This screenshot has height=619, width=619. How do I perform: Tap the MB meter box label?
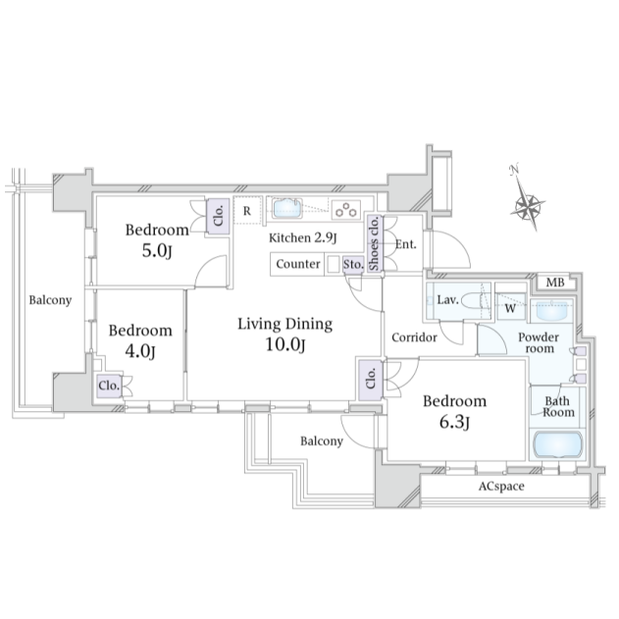(555, 283)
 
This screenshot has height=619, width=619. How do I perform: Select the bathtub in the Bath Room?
(557, 445)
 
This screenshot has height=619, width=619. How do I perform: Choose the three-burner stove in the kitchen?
(346, 209)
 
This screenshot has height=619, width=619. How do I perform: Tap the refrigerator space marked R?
(247, 210)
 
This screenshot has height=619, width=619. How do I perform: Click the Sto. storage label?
(352, 264)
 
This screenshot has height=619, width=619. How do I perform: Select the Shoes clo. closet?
(374, 243)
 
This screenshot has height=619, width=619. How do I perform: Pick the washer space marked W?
(510, 307)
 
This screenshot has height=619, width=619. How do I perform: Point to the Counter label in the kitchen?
(298, 264)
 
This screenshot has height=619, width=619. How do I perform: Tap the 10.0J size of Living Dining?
(285, 344)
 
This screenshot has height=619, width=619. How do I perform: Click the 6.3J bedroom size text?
(454, 422)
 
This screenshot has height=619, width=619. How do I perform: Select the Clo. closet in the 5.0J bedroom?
(219, 217)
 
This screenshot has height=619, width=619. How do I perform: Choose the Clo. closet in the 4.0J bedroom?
(109, 386)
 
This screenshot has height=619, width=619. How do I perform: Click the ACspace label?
(501, 486)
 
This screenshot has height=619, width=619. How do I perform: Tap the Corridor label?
(415, 337)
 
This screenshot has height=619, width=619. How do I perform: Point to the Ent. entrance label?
(406, 244)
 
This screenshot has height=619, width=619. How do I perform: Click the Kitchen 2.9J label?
(303, 237)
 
